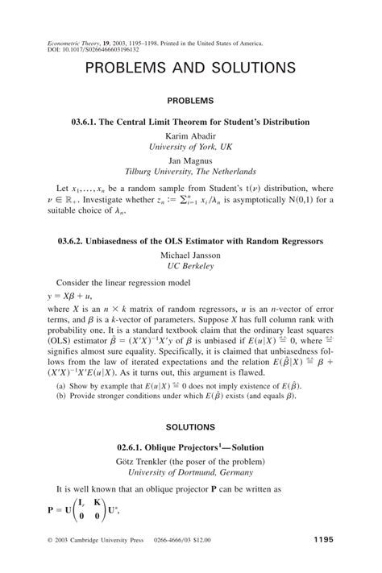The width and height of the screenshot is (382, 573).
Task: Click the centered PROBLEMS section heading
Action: [190, 102]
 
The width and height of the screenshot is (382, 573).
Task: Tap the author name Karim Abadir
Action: [190, 135]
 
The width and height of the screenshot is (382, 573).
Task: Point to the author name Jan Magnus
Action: [190, 160]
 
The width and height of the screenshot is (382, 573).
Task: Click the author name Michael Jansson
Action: [190, 255]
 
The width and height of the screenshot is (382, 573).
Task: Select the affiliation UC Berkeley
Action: [190, 266]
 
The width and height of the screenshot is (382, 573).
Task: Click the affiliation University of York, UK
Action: [190, 147]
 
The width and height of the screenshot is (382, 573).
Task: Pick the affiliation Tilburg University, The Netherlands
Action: [190, 172]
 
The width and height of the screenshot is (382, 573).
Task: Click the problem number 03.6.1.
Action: [86, 122]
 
